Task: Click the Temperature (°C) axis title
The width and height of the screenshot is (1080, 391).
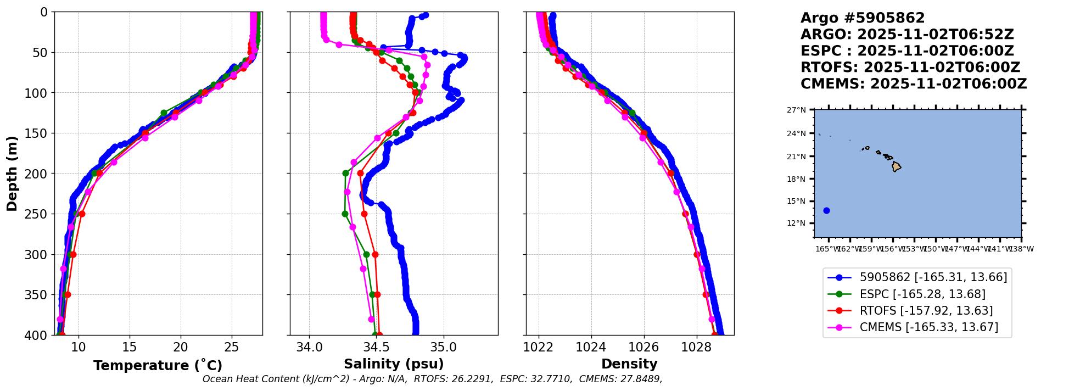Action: (158, 366)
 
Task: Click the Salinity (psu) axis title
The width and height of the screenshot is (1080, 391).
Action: (394, 364)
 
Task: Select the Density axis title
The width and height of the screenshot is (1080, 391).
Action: (629, 364)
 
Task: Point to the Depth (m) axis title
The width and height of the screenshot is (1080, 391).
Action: (12, 174)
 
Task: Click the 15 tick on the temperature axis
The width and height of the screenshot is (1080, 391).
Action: (130, 347)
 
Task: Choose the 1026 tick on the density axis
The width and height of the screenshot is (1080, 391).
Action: (643, 347)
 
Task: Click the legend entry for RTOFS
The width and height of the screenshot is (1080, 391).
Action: (926, 311)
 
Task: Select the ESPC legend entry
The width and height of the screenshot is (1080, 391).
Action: (922, 294)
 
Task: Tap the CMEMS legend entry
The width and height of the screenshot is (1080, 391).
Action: (928, 328)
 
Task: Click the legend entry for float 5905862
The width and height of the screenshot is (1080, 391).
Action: (933, 277)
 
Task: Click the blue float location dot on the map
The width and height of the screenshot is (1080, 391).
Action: (826, 210)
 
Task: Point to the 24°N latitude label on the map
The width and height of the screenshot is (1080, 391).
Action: (796, 133)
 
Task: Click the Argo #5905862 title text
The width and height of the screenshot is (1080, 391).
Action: (862, 18)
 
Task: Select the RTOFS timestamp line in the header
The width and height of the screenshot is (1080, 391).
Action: (910, 68)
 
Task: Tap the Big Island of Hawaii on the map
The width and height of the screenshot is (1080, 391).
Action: (896, 166)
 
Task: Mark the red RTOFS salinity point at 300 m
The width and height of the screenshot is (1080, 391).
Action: (375, 254)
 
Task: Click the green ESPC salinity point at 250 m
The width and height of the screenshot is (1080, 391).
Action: (345, 214)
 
